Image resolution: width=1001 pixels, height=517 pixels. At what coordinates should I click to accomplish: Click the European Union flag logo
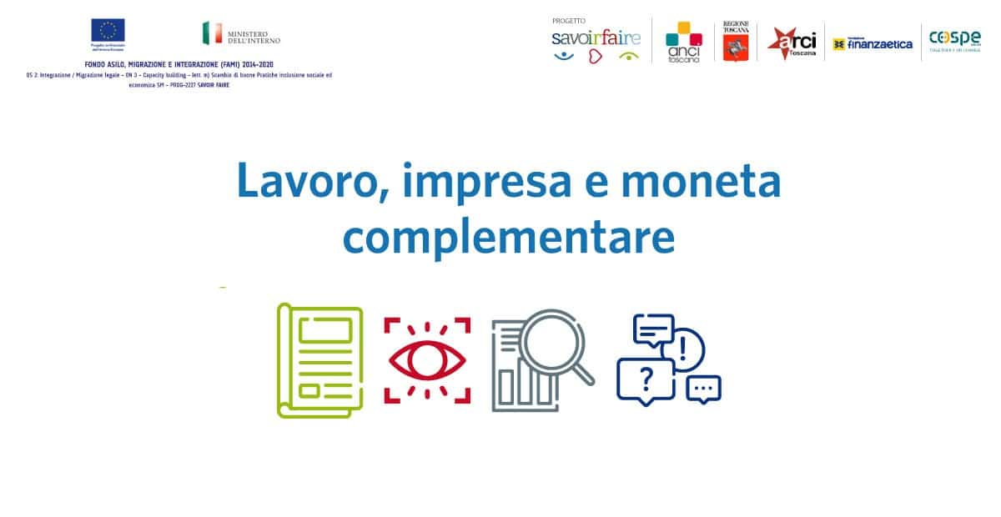[108, 31]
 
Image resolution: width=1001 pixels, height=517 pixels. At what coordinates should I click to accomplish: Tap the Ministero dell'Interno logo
[242, 33]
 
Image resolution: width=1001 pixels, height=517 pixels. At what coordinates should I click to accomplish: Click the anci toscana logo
[683, 43]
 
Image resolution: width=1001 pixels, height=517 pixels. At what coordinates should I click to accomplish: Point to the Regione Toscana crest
[736, 42]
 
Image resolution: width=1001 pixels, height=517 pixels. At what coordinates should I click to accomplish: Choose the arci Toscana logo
[792, 42]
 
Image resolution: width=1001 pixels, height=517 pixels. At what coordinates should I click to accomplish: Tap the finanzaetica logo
[873, 43]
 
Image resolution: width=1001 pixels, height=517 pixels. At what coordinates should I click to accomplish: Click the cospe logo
[954, 39]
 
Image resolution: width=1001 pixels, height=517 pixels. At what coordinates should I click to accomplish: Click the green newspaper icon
[320, 361]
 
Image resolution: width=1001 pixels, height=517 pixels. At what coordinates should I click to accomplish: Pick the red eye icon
[427, 360]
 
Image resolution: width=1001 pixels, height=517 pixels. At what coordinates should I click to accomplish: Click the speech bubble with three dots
[703, 389]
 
